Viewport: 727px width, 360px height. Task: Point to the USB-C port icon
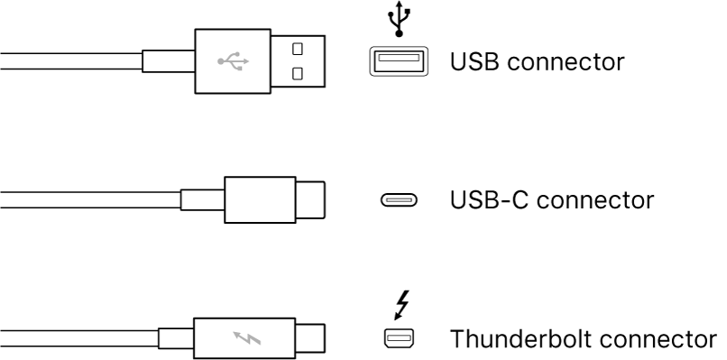pos(399,200)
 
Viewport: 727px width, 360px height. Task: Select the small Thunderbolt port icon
pos(398,339)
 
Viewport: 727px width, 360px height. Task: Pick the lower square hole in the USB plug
pos(298,71)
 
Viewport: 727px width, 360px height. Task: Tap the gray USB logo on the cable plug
pos(234,61)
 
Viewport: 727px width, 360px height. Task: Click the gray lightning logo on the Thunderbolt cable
pos(245,339)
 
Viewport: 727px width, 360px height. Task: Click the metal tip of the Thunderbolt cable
pos(310,339)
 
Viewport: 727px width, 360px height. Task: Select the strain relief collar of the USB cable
pos(169,61)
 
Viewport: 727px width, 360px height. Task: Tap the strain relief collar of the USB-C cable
pos(202,199)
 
